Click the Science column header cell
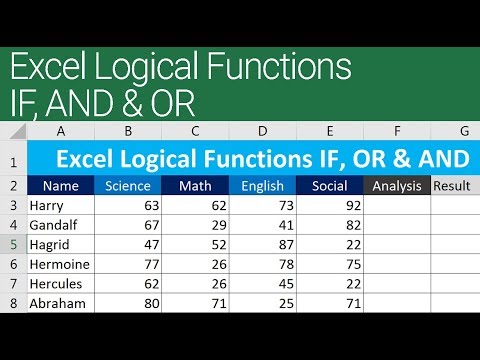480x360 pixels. pyautogui.click(x=127, y=185)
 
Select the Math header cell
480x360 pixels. pyautogui.click(x=195, y=185)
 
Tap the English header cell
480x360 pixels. pyautogui.click(x=262, y=185)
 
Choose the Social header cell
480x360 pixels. pyautogui.click(x=329, y=185)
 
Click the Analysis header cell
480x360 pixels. pyautogui.click(x=397, y=185)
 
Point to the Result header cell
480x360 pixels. pyautogui.click(x=454, y=185)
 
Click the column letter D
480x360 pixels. pyautogui.click(x=262, y=130)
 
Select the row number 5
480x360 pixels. pyautogui.click(x=14, y=245)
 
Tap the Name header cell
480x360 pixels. pyautogui.click(x=61, y=185)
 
